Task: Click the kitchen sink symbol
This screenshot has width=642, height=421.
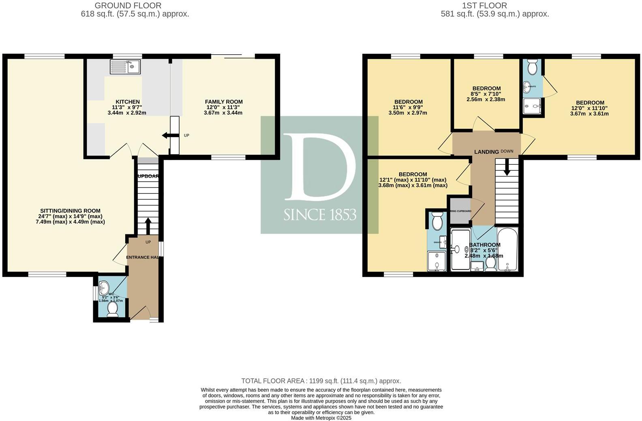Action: coord(125,67)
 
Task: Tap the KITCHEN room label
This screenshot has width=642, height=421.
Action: coord(128,102)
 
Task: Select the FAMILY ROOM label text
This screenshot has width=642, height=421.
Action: coord(224,102)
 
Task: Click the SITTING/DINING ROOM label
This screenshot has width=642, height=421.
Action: coord(70,211)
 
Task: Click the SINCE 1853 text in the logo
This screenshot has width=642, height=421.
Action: coord(320,215)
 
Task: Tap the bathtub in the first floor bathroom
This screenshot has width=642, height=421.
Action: coord(507,250)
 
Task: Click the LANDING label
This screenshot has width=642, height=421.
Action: coord(486,152)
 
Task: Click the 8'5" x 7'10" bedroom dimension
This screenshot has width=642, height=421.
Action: coord(486,94)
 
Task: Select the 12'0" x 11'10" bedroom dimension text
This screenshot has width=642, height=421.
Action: coord(590,108)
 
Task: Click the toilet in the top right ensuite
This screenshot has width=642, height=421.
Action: coord(533,67)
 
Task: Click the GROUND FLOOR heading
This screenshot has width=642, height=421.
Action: coord(128,6)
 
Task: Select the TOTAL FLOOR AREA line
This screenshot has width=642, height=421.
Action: coord(321,381)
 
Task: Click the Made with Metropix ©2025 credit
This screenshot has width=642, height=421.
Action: coord(321,418)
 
